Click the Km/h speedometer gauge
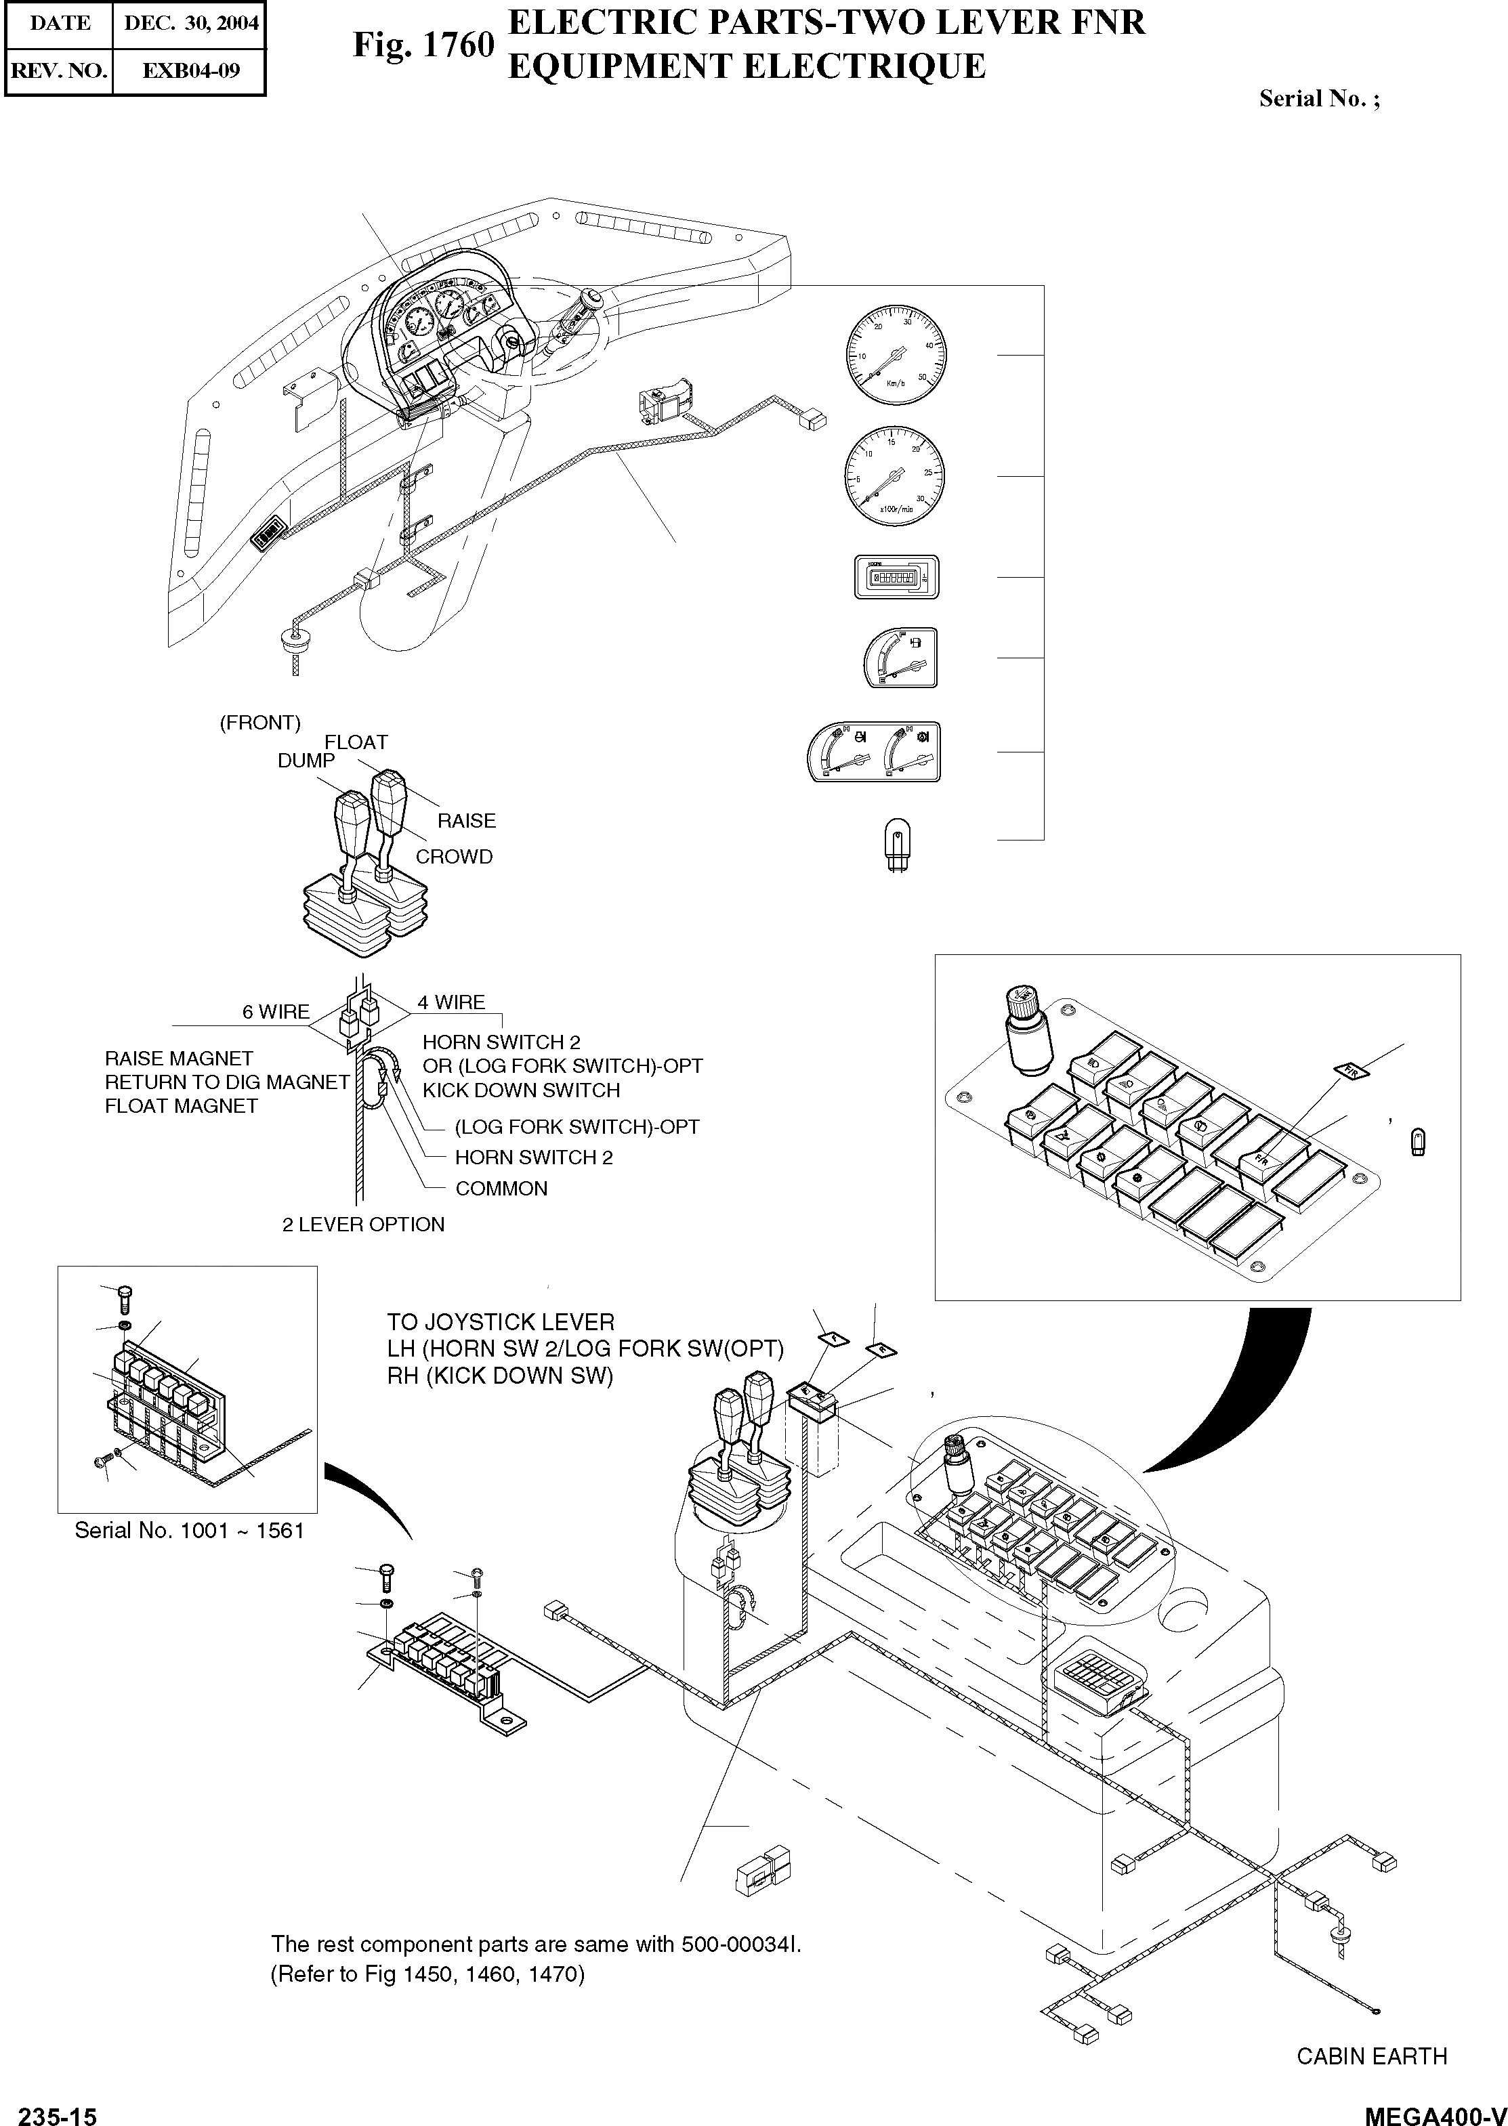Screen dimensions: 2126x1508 (x=896, y=355)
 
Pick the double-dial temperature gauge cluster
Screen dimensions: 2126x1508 (x=874, y=751)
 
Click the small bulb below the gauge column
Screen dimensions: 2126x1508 (x=896, y=842)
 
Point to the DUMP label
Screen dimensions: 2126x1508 (x=306, y=761)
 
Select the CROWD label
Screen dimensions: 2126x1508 (x=454, y=857)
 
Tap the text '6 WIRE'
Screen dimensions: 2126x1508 (x=276, y=1012)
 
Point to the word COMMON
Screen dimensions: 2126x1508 (x=501, y=1189)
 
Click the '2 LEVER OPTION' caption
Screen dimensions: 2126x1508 (x=363, y=1225)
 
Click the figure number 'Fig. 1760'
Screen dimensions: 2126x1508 (x=423, y=45)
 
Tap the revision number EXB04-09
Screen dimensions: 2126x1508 (x=190, y=70)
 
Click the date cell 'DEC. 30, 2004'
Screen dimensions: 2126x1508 (x=190, y=23)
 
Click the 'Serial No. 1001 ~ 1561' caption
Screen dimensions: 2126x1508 (x=190, y=1530)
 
